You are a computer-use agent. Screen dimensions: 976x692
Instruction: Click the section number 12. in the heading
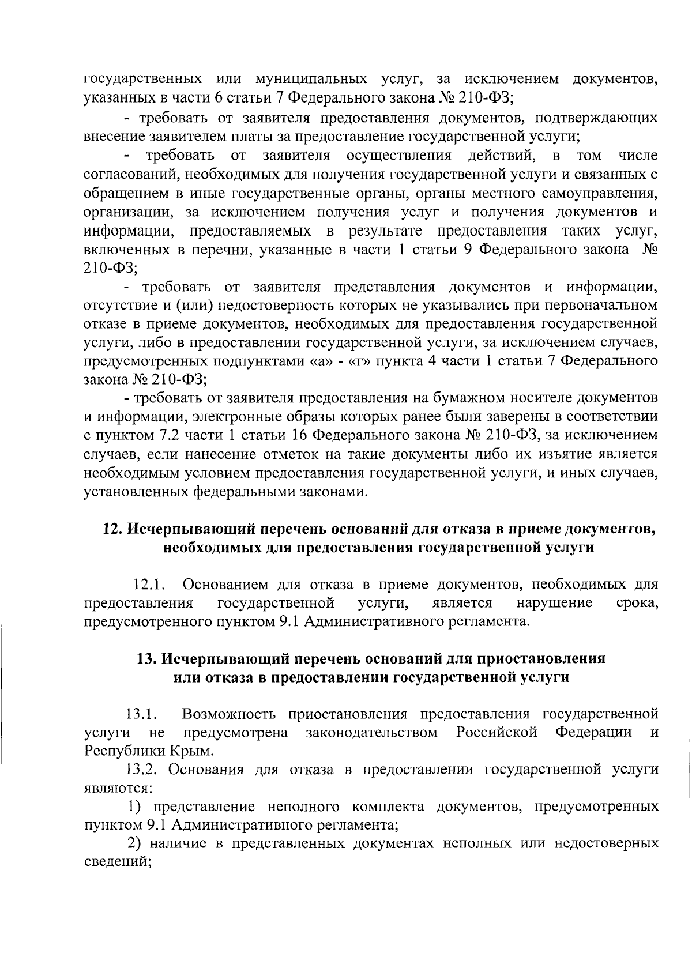point(113,529)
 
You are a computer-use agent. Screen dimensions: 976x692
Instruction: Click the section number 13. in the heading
point(147,659)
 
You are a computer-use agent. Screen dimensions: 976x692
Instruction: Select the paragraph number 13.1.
point(142,715)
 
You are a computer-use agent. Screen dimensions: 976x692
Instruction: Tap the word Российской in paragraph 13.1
point(497,733)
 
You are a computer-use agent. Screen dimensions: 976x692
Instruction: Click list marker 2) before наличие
point(136,844)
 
